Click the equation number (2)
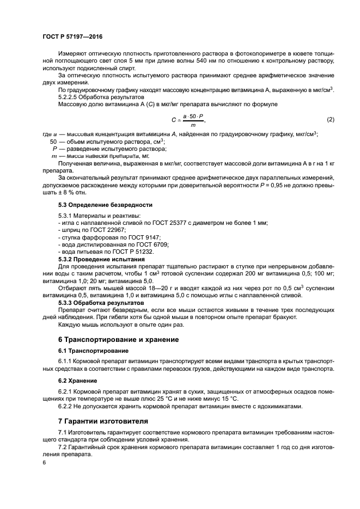330,120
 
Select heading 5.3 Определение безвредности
105,205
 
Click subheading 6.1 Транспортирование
93,351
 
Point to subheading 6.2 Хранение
77,381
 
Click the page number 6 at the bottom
45,462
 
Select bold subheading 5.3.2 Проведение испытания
101,260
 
